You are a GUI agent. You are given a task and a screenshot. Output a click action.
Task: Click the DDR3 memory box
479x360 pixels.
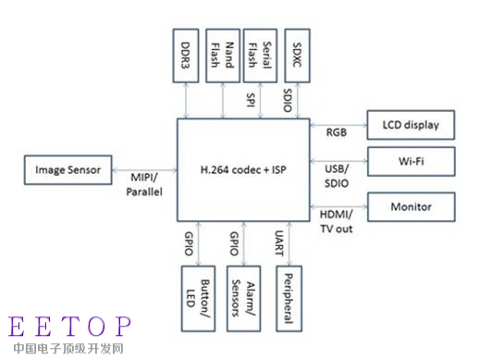(188, 56)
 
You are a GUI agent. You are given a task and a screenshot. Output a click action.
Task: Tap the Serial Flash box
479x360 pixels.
(257, 56)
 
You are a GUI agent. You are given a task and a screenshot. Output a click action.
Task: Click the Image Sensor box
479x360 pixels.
(68, 169)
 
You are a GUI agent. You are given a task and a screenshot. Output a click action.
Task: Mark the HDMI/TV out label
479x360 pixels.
(337, 220)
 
